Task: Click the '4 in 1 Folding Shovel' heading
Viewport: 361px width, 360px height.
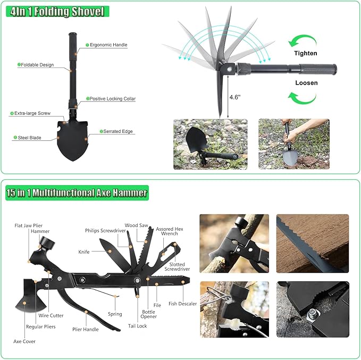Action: pyautogui.click(x=57, y=12)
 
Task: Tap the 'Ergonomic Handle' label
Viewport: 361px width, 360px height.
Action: pyautogui.click(x=108, y=45)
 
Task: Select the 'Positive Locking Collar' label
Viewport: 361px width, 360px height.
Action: pyautogui.click(x=112, y=98)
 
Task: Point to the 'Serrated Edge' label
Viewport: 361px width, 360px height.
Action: pyautogui.click(x=118, y=131)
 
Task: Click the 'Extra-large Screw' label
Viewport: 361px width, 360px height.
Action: pyautogui.click(x=32, y=113)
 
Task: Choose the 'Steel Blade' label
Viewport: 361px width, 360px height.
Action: pyautogui.click(x=29, y=138)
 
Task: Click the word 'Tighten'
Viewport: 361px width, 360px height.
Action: pyautogui.click(x=306, y=53)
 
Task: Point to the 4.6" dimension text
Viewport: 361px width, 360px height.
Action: pyautogui.click(x=235, y=97)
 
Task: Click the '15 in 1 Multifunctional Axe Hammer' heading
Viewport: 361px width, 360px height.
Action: pyautogui.click(x=77, y=193)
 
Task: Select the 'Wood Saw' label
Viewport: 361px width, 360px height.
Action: pyautogui.click(x=136, y=225)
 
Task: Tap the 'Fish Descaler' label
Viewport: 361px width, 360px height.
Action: pyautogui.click(x=182, y=304)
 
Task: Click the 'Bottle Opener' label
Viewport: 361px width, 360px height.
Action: pyautogui.click(x=148, y=314)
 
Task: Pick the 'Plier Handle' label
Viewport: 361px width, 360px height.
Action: pyautogui.click(x=86, y=329)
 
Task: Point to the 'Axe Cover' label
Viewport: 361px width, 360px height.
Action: pyautogui.click(x=24, y=341)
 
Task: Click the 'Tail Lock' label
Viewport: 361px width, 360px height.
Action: pyautogui.click(x=138, y=325)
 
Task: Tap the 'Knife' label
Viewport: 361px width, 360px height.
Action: pyautogui.click(x=84, y=252)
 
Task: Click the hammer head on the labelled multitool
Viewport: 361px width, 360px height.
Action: pyautogui.click(x=47, y=244)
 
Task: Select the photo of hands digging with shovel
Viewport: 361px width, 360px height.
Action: pyautogui.click(x=294, y=144)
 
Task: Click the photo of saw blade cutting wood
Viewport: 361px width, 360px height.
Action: pyautogui.click(x=313, y=244)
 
